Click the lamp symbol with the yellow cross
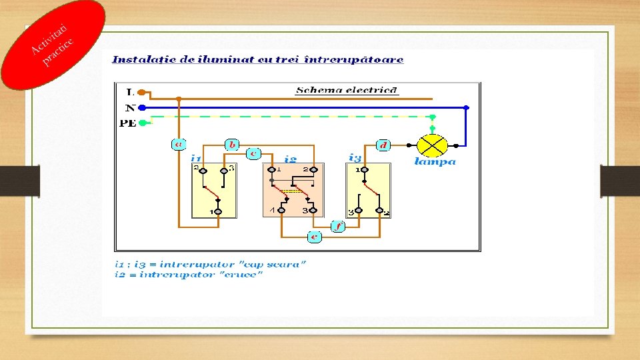[432, 144]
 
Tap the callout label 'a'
[179, 144]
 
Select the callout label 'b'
[231, 144]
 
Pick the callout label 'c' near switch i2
[253, 153]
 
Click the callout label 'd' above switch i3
[384, 144]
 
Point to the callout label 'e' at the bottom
[315, 236]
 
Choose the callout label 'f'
[338, 227]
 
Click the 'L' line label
[129, 93]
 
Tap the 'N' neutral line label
[130, 107]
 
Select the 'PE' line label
[128, 123]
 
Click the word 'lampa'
[435, 161]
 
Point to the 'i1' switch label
[196, 159]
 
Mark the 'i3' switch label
[355, 157]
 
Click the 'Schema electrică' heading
[347, 91]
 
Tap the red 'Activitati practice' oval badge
[53, 44]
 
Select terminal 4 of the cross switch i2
[281, 211]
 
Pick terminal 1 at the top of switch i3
[365, 170]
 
